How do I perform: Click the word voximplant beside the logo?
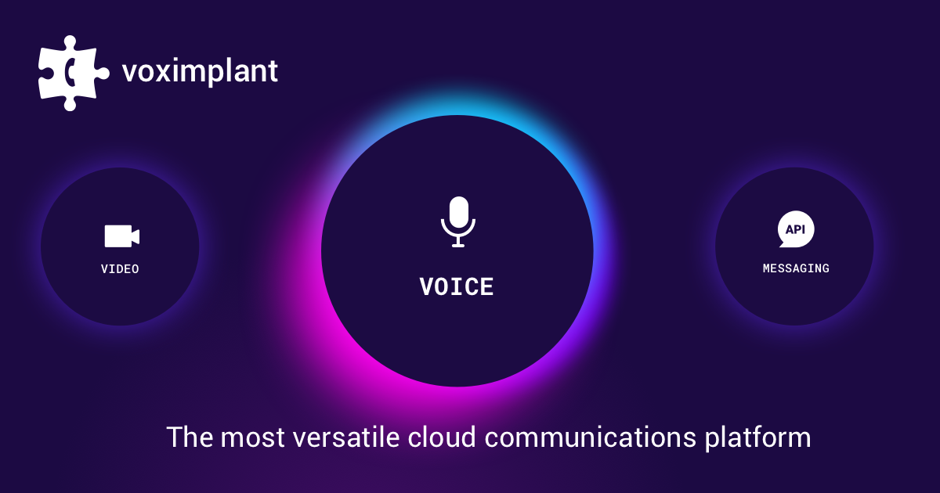click(x=200, y=72)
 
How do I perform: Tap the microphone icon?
click(x=458, y=221)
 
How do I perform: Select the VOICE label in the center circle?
click(x=457, y=287)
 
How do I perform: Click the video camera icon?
click(x=121, y=236)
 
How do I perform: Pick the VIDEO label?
click(x=120, y=269)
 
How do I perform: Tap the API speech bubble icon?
click(x=796, y=230)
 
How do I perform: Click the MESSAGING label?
click(x=796, y=268)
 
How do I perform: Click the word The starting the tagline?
click(x=189, y=437)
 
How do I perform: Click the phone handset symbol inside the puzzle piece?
click(x=71, y=73)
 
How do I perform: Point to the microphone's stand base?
click(x=458, y=245)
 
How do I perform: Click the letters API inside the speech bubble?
click(x=797, y=229)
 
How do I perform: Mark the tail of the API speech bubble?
click(x=783, y=243)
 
